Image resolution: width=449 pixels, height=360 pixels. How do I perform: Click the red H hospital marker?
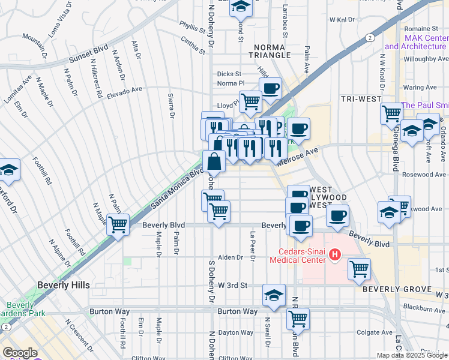click(x=335, y=256)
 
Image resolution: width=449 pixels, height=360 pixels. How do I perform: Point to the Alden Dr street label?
click(x=231, y=257)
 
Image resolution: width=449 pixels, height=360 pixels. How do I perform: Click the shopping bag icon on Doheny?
click(x=214, y=161)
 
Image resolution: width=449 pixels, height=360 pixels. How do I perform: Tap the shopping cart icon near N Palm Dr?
click(x=118, y=225)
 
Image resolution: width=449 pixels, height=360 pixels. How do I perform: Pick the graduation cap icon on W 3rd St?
click(x=274, y=295)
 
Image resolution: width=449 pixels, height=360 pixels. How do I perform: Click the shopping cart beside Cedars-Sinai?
click(x=359, y=269)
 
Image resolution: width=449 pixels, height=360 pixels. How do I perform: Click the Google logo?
click(x=20, y=352)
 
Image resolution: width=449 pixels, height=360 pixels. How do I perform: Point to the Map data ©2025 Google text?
click(x=411, y=355)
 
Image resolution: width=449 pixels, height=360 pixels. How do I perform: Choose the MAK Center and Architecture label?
click(x=416, y=42)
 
